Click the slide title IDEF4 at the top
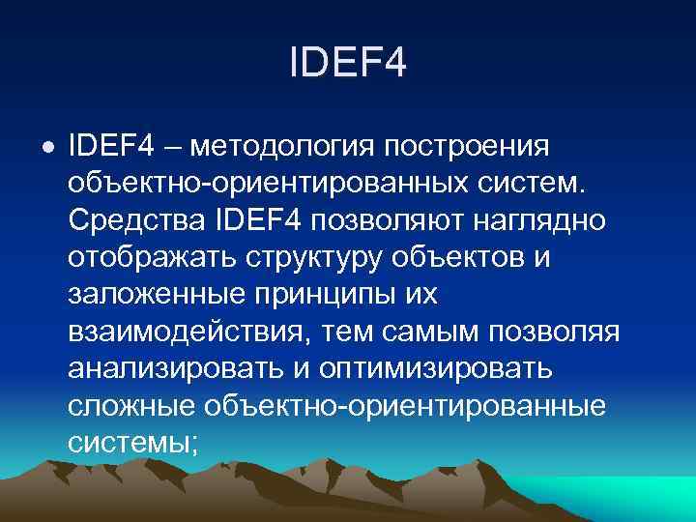tap(348, 65)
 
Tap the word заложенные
tap(154, 294)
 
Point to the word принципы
tap(330, 294)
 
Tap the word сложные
tap(130, 404)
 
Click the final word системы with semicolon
tap(133, 441)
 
